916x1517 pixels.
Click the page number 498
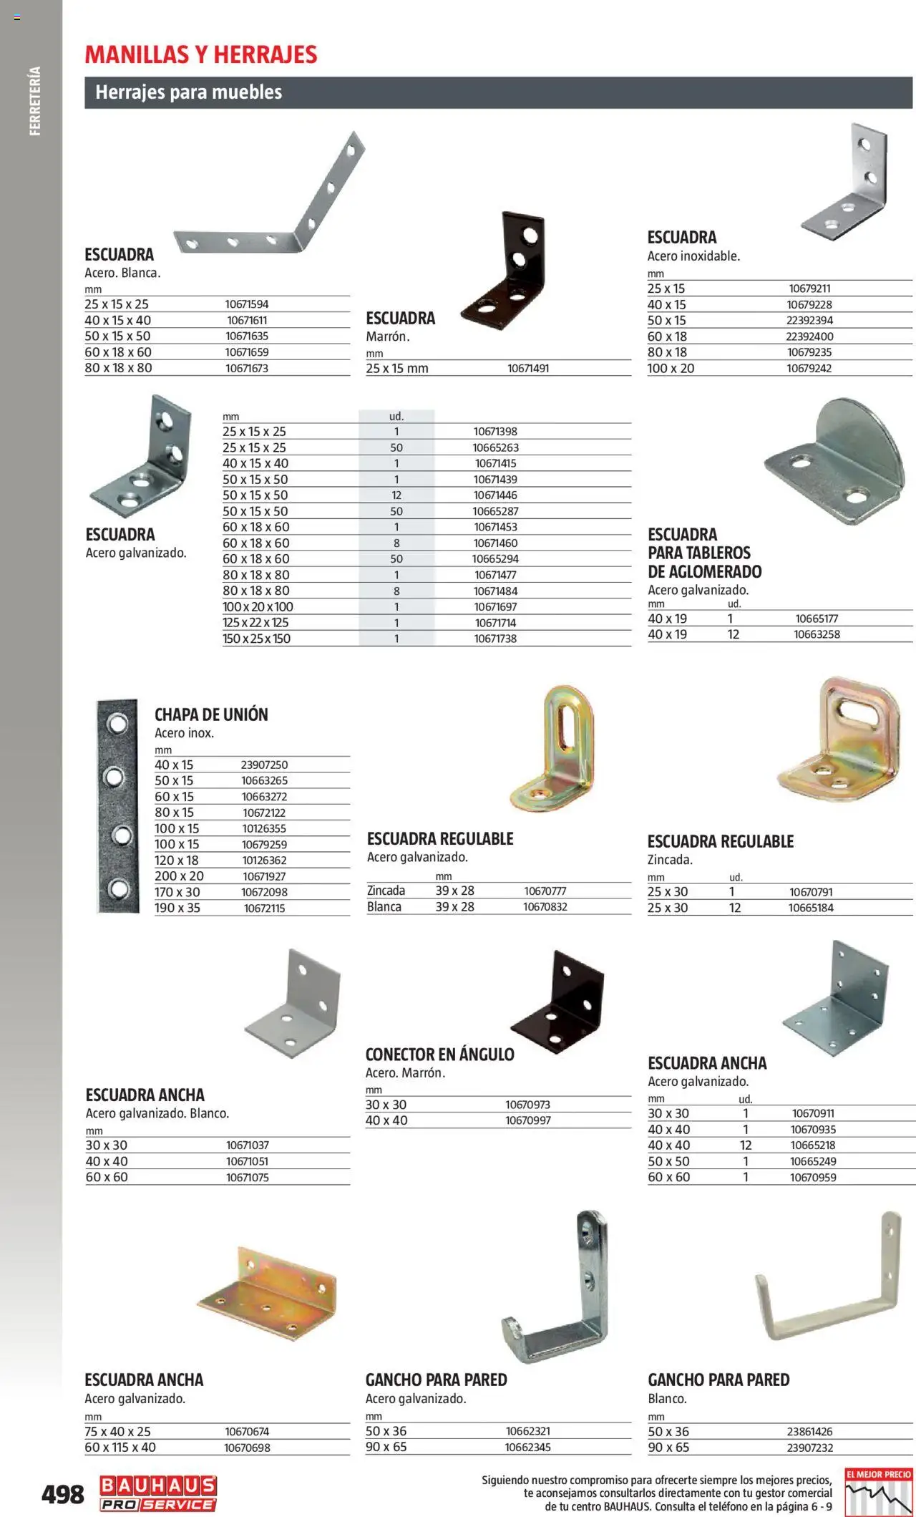click(63, 1495)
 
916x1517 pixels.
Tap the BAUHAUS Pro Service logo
click(157, 1493)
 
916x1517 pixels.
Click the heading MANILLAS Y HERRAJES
click(201, 54)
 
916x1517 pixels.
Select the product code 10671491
click(528, 369)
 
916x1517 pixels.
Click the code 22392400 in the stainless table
click(809, 336)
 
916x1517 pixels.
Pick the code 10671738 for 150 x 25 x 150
click(495, 639)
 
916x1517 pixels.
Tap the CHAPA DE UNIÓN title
click(211, 714)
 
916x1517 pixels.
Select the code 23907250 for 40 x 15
click(264, 765)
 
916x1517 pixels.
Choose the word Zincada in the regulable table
click(386, 891)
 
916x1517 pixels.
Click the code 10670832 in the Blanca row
click(545, 907)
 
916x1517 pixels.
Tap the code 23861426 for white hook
click(809, 1432)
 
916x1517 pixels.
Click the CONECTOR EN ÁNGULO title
click(439, 1055)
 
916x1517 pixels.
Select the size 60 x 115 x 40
click(120, 1447)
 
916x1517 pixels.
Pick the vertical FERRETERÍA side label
click(35, 101)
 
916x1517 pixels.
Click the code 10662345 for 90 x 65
click(528, 1447)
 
